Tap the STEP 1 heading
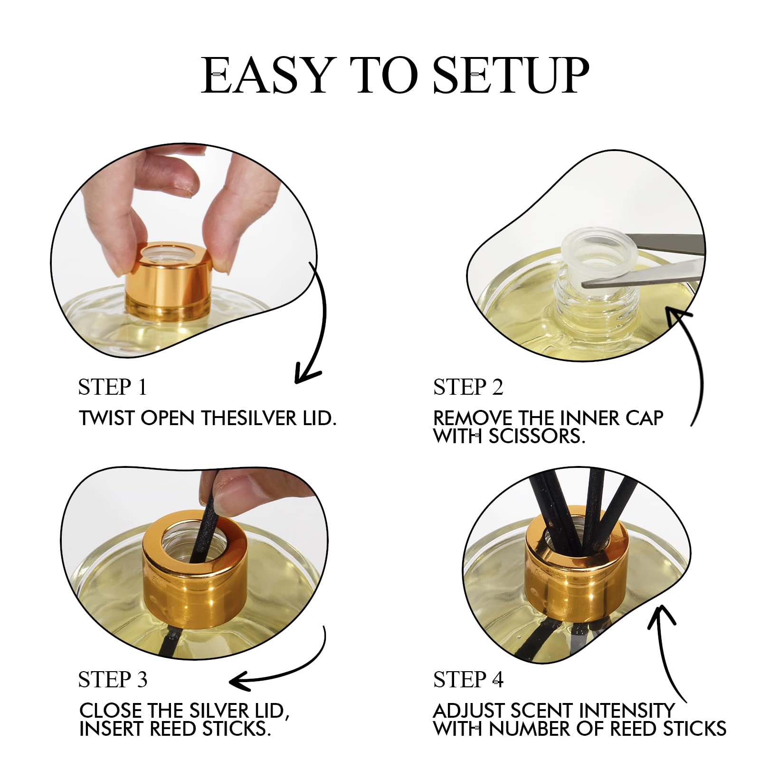[x=113, y=387]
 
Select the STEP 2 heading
[x=468, y=387]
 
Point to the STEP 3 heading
[x=113, y=680]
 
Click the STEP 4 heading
[x=468, y=680]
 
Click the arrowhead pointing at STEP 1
[x=304, y=375]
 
